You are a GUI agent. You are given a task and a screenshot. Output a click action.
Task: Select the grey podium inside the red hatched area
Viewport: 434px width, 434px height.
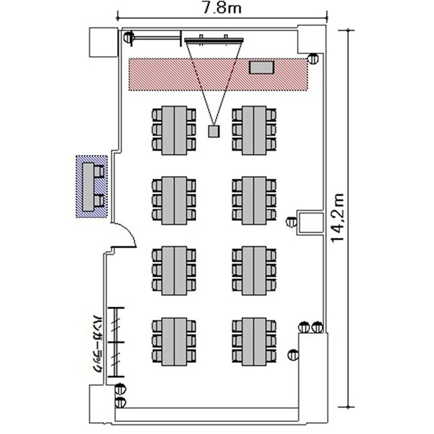click(261, 67)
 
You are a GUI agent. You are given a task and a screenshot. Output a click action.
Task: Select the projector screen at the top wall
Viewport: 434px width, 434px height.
click(214, 39)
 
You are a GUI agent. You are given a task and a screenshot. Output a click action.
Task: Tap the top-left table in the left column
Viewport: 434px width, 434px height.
click(174, 130)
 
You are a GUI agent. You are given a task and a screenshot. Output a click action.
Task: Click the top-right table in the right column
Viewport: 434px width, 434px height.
click(254, 130)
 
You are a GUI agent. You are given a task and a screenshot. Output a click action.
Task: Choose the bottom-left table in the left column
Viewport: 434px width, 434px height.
click(174, 341)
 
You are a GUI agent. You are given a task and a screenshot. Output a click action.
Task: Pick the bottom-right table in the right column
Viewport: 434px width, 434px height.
click(254, 341)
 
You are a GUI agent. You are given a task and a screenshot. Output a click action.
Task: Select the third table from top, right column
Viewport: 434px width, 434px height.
click(254, 270)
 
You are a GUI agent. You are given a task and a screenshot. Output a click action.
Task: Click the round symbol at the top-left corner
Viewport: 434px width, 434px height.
click(128, 38)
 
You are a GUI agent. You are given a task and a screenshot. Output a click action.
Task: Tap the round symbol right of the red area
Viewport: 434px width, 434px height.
click(313, 58)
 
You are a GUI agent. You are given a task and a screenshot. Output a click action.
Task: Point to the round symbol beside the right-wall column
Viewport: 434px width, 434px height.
click(292, 221)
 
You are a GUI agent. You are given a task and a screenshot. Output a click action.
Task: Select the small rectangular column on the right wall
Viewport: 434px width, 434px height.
click(310, 222)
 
